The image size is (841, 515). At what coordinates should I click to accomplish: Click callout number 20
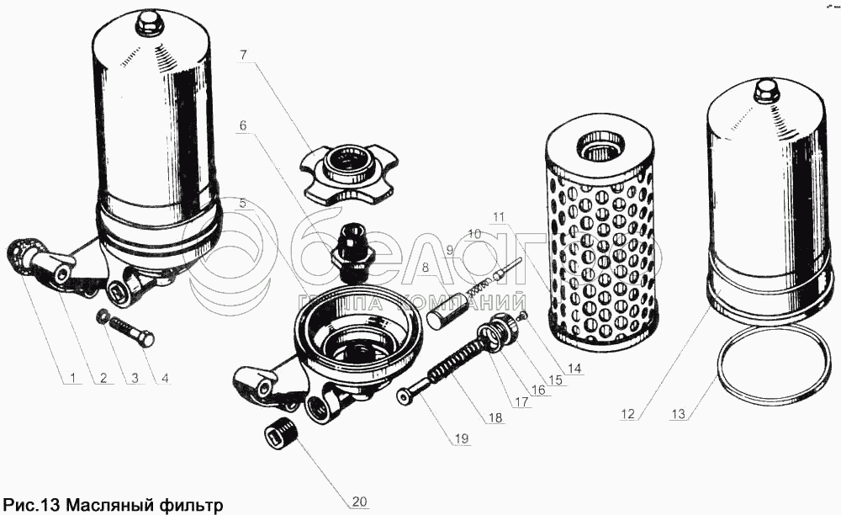359,502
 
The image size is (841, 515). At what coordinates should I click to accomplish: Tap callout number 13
678,414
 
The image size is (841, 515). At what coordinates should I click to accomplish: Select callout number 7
243,54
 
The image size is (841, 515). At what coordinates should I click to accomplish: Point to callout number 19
462,438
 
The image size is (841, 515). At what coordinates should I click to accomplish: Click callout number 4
165,378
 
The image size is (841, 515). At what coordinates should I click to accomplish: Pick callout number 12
627,414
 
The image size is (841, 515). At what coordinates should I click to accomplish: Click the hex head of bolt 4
145,338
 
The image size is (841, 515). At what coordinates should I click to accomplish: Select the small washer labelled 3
101,316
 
